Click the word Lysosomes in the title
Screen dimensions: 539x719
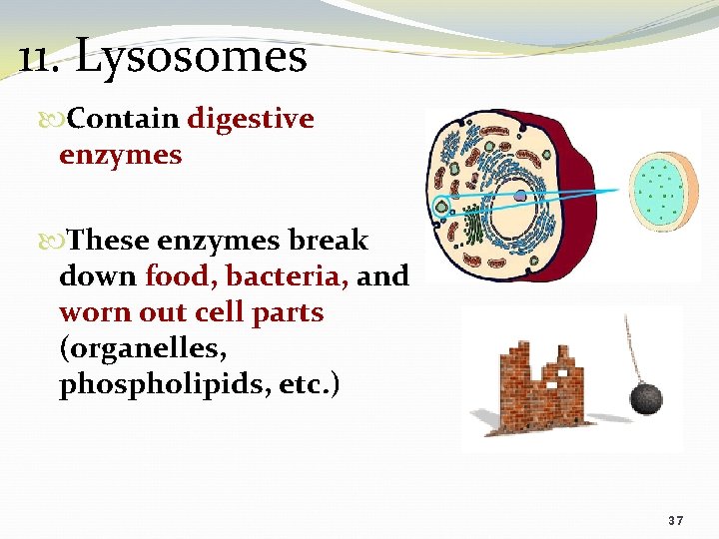point(192,56)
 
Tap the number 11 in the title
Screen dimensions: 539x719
point(40,56)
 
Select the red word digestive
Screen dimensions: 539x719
point(251,120)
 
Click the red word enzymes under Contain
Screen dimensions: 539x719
point(120,156)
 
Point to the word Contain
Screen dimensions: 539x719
point(124,120)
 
